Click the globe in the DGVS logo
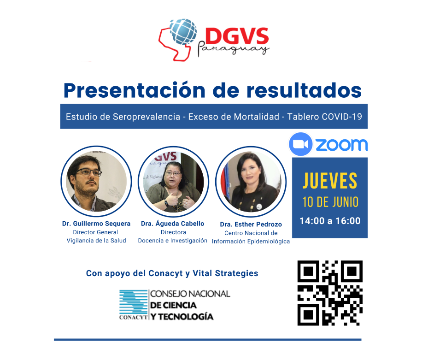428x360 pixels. (x=183, y=31)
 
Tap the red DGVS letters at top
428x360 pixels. (x=237, y=36)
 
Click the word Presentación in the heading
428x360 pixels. (x=134, y=90)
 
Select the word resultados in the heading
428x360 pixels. (x=304, y=90)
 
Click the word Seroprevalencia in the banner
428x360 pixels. (x=147, y=117)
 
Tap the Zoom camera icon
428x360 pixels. (x=300, y=144)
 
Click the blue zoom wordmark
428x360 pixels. (x=342, y=145)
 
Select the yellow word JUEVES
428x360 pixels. (x=330, y=181)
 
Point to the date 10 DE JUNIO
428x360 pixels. (x=330, y=202)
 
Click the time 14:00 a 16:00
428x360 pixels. (x=330, y=221)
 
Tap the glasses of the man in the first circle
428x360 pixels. (x=88, y=172)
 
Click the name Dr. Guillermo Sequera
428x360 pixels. (x=96, y=224)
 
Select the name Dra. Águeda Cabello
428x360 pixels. (x=172, y=223)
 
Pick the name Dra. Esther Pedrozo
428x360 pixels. (x=251, y=224)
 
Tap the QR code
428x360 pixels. (x=330, y=293)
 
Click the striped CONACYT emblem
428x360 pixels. (x=134, y=302)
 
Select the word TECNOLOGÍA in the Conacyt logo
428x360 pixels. (x=186, y=317)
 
